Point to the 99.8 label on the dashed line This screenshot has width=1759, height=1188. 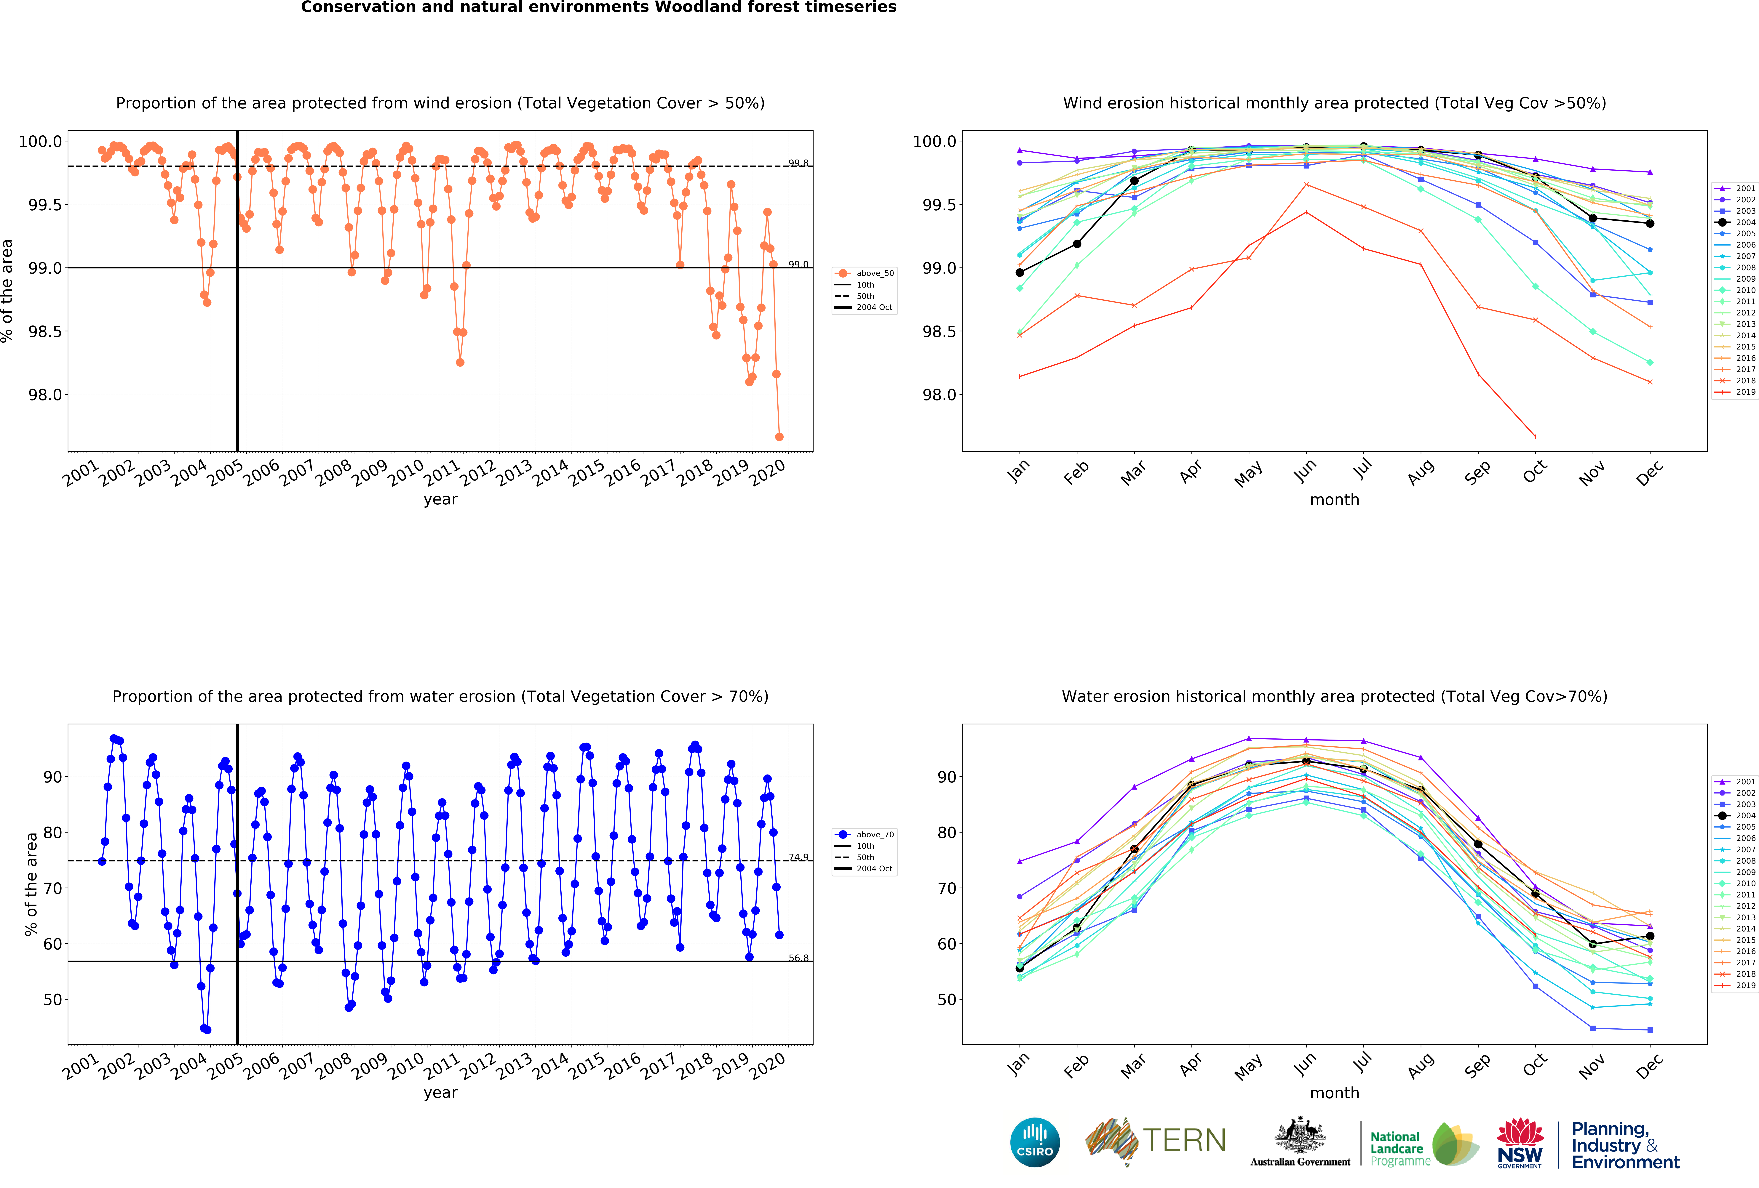pos(798,163)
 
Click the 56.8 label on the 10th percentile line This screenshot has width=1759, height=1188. pos(798,958)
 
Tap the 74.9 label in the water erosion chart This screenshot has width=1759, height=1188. pos(798,857)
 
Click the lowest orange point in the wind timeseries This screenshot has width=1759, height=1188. pos(779,437)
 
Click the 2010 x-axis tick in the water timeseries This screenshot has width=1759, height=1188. pos(406,1065)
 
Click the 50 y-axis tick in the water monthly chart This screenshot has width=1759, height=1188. pos(946,1000)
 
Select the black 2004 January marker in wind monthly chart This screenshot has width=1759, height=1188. pos(1020,272)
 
